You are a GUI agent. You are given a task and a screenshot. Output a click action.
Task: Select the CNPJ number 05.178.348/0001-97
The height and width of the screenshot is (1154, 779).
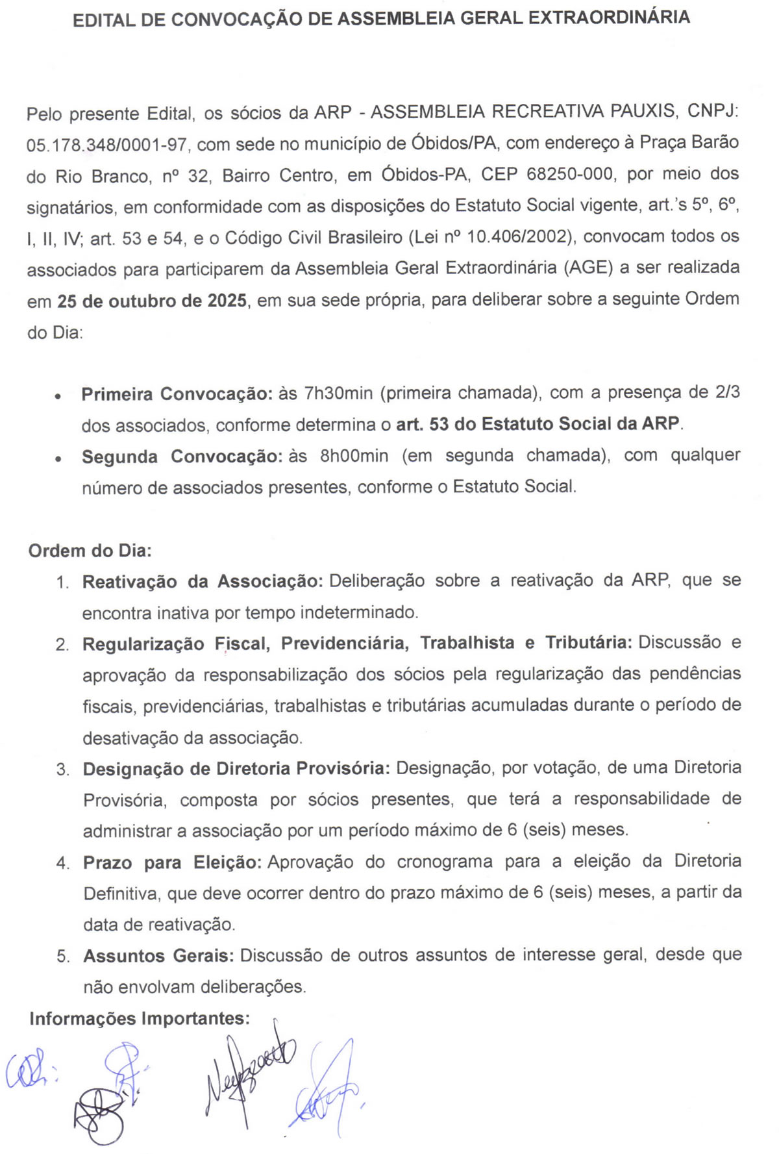tap(106, 145)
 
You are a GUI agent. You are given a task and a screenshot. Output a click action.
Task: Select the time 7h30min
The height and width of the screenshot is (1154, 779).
tap(338, 394)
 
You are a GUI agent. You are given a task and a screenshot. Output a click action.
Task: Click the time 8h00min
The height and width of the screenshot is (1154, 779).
tap(354, 456)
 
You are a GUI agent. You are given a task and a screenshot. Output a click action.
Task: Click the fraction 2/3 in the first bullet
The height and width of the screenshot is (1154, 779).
tap(727, 393)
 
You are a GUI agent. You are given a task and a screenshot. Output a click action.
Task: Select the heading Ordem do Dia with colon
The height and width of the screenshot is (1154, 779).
tap(90, 551)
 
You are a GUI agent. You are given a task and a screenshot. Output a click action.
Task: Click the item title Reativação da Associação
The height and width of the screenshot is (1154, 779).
tap(203, 581)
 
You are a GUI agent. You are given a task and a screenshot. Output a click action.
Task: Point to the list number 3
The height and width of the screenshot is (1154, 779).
tap(63, 770)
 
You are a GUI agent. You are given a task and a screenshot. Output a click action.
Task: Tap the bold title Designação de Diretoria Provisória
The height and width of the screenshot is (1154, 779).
tap(236, 769)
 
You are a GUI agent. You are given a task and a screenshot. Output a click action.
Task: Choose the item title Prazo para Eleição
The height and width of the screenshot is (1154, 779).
tap(172, 863)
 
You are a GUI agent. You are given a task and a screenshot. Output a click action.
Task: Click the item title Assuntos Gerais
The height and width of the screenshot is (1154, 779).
tap(158, 956)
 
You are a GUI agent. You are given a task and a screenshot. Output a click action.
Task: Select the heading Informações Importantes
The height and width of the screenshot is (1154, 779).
tap(140, 1018)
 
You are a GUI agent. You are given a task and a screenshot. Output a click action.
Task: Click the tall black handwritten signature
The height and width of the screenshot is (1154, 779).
tap(247, 1072)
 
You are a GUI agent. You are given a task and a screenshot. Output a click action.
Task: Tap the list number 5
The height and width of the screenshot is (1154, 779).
tap(63, 957)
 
